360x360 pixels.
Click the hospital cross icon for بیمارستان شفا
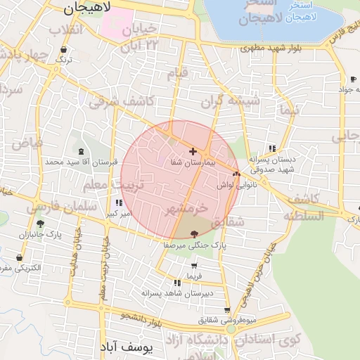[193, 151]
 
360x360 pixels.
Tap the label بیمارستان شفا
[192, 162]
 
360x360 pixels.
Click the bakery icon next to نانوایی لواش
[236, 173]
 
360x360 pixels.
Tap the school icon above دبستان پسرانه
[271, 148]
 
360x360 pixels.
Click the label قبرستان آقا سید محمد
[78, 162]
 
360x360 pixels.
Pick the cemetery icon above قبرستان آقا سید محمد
[81, 151]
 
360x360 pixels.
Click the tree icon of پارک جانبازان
[40, 224]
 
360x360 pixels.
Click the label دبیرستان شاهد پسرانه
[177, 292]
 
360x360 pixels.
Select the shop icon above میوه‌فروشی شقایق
[226, 310]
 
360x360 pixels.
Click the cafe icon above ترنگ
[65, 50]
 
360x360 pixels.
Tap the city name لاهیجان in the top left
[88, 8]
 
